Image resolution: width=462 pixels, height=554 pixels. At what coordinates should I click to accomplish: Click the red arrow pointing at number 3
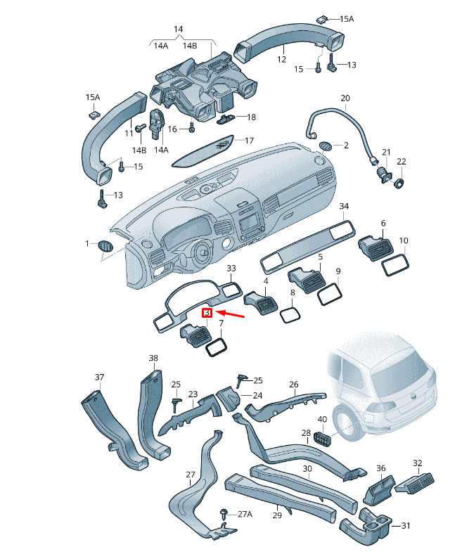(x=230, y=314)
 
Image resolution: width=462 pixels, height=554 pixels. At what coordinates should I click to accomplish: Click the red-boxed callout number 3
(x=207, y=313)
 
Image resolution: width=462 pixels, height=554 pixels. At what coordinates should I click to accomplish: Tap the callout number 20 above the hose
(x=345, y=98)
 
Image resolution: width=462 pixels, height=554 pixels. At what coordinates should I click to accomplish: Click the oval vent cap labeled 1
(x=105, y=245)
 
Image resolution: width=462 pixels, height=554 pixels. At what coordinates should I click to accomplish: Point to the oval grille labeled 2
(x=325, y=146)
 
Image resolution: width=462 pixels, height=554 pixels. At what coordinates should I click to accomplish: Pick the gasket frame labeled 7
(x=216, y=346)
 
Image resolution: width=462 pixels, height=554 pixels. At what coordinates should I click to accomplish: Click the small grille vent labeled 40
(x=322, y=438)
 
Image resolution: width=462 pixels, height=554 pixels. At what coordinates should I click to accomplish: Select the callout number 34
(x=344, y=206)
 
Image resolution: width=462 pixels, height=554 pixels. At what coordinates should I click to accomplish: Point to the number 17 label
(x=249, y=141)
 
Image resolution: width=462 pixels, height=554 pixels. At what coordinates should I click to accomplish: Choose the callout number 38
(x=153, y=358)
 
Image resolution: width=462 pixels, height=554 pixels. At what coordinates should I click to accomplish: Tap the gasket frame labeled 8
(x=291, y=314)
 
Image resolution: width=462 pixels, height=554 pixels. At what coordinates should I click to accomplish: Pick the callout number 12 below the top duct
(x=281, y=59)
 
